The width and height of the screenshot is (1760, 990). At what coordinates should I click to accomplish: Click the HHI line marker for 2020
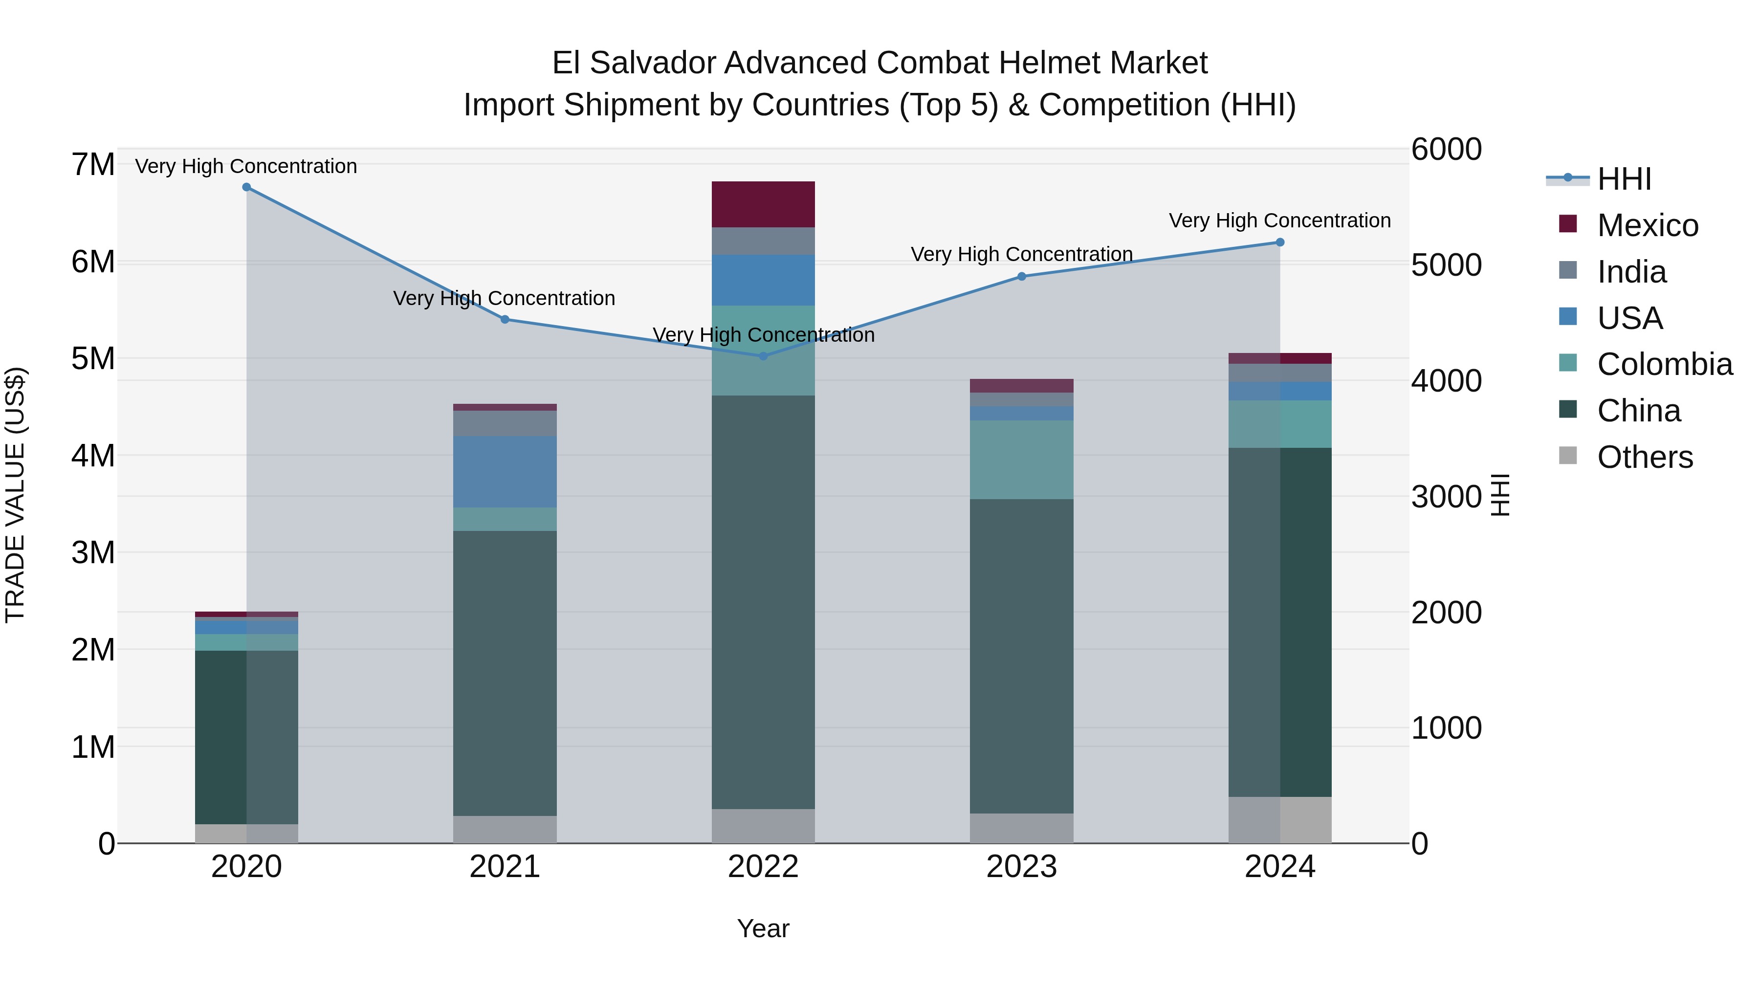247,187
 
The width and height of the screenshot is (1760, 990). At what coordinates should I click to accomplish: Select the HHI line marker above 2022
764,356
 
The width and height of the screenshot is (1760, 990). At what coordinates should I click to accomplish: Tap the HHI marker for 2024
1280,242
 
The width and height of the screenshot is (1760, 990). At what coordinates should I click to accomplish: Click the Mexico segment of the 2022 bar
763,204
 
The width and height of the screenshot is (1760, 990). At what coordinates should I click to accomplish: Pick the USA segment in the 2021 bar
505,471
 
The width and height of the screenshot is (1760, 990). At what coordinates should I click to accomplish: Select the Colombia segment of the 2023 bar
1021,460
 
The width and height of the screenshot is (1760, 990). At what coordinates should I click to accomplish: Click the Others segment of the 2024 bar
1280,819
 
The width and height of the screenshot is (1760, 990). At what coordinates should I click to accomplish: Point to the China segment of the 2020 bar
247,737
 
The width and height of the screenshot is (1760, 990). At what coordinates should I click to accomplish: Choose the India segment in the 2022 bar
763,241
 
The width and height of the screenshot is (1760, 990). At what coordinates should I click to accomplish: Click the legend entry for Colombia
1664,364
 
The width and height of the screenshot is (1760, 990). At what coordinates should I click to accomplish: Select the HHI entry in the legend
1624,179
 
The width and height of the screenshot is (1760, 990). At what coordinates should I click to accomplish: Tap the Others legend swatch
1568,456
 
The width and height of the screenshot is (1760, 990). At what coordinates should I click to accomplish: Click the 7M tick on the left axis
93,165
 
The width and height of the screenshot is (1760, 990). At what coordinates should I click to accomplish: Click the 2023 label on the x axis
1021,867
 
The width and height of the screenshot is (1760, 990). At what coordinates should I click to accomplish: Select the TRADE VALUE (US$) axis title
15,495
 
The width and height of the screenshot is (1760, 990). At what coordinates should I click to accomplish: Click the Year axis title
763,928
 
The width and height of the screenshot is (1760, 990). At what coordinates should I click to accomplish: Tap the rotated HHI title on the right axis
1500,495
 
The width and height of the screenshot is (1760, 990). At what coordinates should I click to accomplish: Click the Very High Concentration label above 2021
504,299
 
